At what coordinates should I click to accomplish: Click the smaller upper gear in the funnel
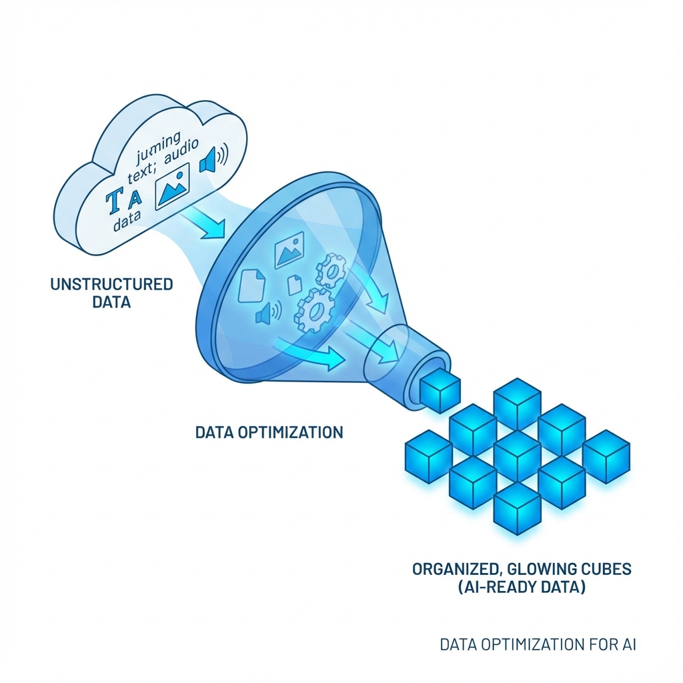[x=330, y=270]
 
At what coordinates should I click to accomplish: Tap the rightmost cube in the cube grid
[x=606, y=456]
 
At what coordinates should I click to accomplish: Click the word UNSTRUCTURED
[x=111, y=285]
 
